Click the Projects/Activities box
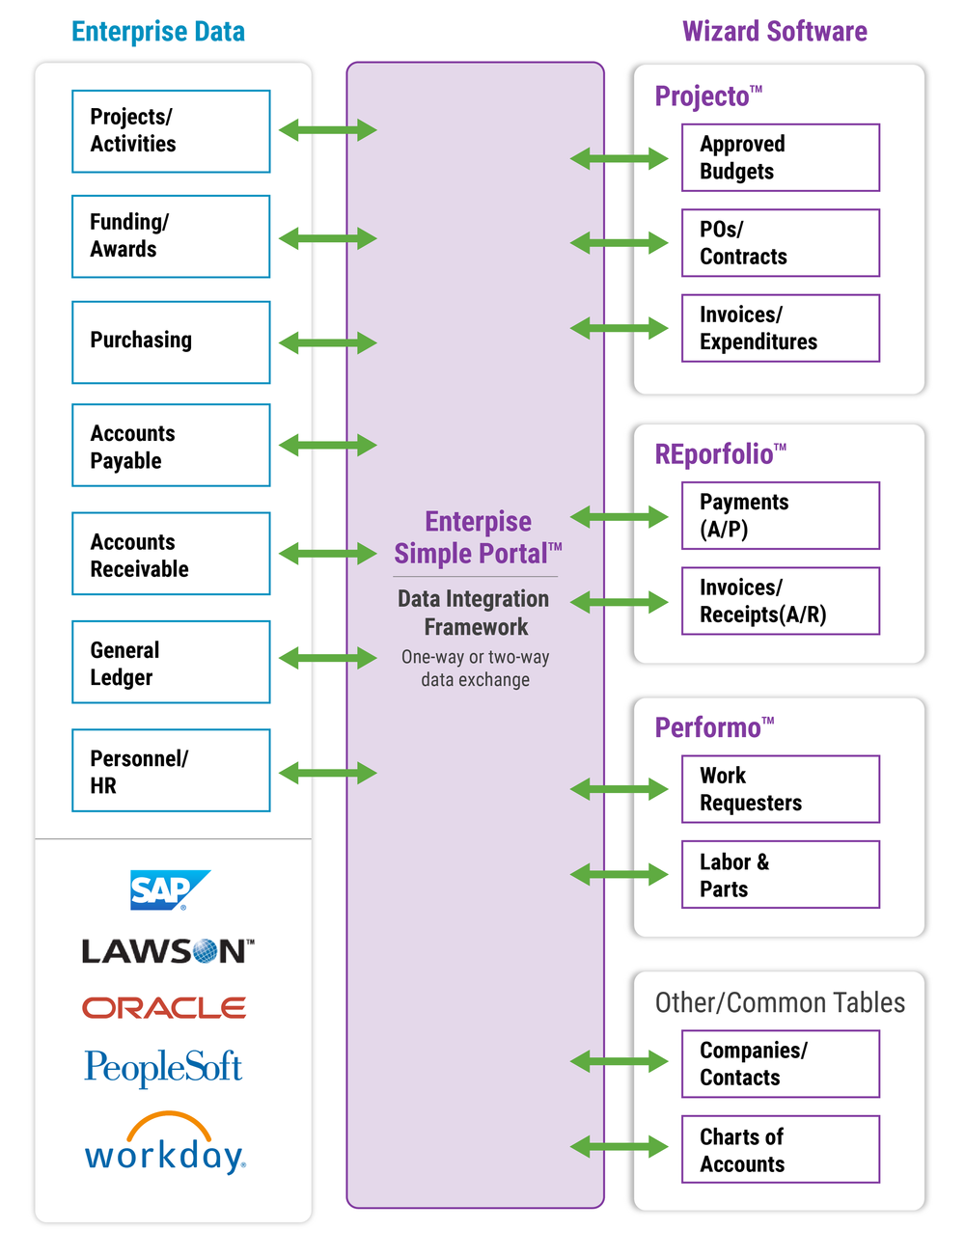tap(171, 131)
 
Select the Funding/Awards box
tap(171, 236)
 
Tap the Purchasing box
tap(171, 342)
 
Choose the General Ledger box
tap(171, 662)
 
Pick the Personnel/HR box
tap(171, 771)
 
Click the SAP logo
tap(170, 889)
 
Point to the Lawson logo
tap(168, 951)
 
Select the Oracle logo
tap(164, 1008)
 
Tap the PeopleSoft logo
tap(163, 1068)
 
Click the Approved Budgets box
tap(781, 157)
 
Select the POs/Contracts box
tap(781, 243)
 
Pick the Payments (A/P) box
tap(781, 515)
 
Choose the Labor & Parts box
tap(781, 875)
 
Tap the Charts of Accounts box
tap(781, 1149)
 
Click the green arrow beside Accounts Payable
tap(327, 445)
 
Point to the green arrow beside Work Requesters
tap(619, 789)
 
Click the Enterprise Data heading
tap(158, 32)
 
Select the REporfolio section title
tap(720, 453)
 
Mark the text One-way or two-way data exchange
tap(476, 669)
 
